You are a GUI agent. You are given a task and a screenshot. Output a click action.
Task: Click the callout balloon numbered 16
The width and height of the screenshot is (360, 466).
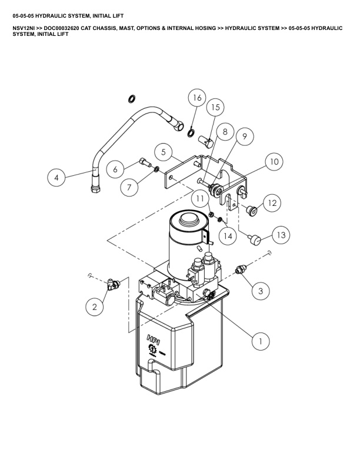197,98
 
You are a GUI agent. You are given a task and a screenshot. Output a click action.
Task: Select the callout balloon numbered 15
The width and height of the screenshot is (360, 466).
215,107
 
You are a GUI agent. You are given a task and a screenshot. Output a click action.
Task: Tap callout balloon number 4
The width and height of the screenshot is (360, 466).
56,178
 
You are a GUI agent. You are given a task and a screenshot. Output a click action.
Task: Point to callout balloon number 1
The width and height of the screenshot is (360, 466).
261,341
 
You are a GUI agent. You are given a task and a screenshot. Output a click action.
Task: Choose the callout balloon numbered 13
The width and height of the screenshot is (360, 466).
281,235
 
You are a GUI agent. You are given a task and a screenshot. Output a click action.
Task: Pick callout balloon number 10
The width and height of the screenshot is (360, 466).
274,162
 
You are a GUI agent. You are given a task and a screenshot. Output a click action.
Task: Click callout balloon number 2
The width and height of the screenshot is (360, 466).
95,307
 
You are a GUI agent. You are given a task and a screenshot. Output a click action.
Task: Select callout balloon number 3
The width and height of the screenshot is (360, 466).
261,290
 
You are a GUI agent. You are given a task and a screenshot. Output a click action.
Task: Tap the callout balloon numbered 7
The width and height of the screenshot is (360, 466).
129,187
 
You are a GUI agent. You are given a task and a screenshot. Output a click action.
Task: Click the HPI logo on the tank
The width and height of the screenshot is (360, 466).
154,339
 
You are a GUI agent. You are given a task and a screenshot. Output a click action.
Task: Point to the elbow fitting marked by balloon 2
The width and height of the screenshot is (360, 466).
113,285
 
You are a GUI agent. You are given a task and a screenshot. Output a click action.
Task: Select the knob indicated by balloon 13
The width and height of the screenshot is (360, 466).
255,240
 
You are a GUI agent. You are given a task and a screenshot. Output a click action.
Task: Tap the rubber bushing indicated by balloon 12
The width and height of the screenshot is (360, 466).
252,211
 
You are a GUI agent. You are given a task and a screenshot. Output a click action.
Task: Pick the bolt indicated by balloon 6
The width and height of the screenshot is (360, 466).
145,163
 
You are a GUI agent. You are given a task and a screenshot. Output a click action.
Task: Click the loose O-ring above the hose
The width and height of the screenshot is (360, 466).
132,99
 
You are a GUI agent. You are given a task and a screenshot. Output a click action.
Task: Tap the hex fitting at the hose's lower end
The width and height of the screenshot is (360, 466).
95,188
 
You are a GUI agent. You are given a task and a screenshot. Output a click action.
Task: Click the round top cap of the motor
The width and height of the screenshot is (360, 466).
188,219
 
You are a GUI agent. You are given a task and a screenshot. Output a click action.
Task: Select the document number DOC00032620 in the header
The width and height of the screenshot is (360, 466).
62,28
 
